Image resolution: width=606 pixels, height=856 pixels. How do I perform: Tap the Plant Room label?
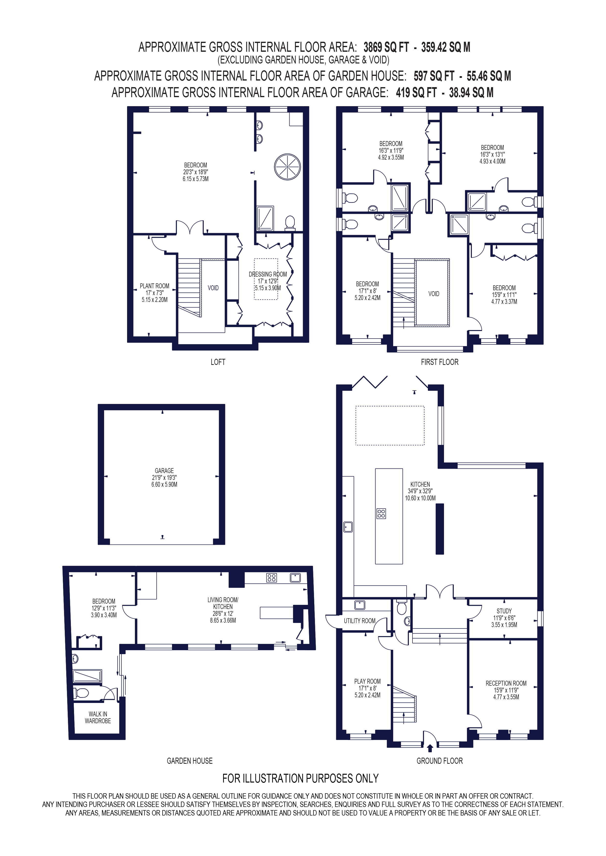pyautogui.click(x=154, y=286)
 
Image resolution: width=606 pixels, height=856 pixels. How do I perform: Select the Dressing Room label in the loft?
pyautogui.click(x=268, y=274)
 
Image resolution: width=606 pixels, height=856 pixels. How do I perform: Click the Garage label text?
pyautogui.click(x=164, y=471)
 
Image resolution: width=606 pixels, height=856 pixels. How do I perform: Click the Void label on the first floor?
pyautogui.click(x=433, y=294)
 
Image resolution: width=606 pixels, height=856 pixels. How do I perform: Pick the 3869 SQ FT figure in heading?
pyautogui.click(x=386, y=47)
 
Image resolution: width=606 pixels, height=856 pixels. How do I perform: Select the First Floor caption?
pyautogui.click(x=440, y=362)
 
